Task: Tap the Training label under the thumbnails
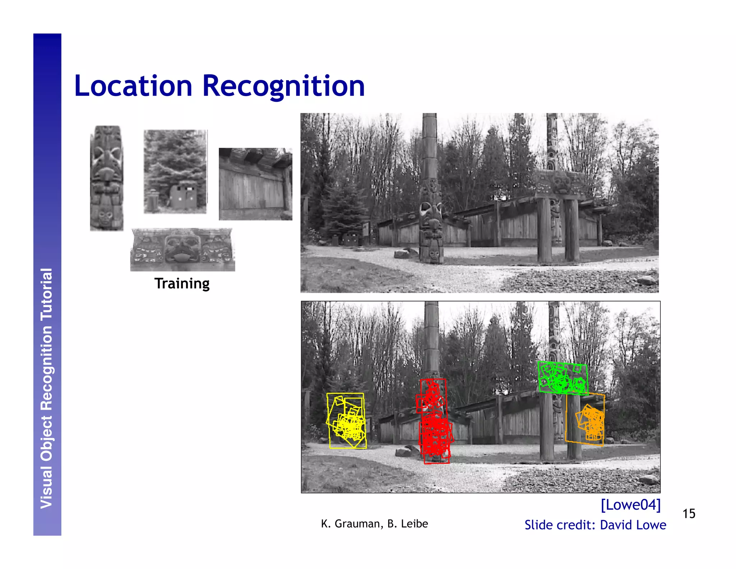click(182, 283)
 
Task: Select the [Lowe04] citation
click(631, 505)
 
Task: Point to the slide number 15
click(689, 514)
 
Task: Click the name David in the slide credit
click(615, 525)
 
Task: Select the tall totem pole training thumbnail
click(106, 178)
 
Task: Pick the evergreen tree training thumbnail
click(175, 172)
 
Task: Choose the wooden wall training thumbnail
click(255, 184)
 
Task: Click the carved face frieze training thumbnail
click(183, 249)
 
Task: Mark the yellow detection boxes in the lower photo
click(347, 421)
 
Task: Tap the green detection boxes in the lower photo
click(562, 378)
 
